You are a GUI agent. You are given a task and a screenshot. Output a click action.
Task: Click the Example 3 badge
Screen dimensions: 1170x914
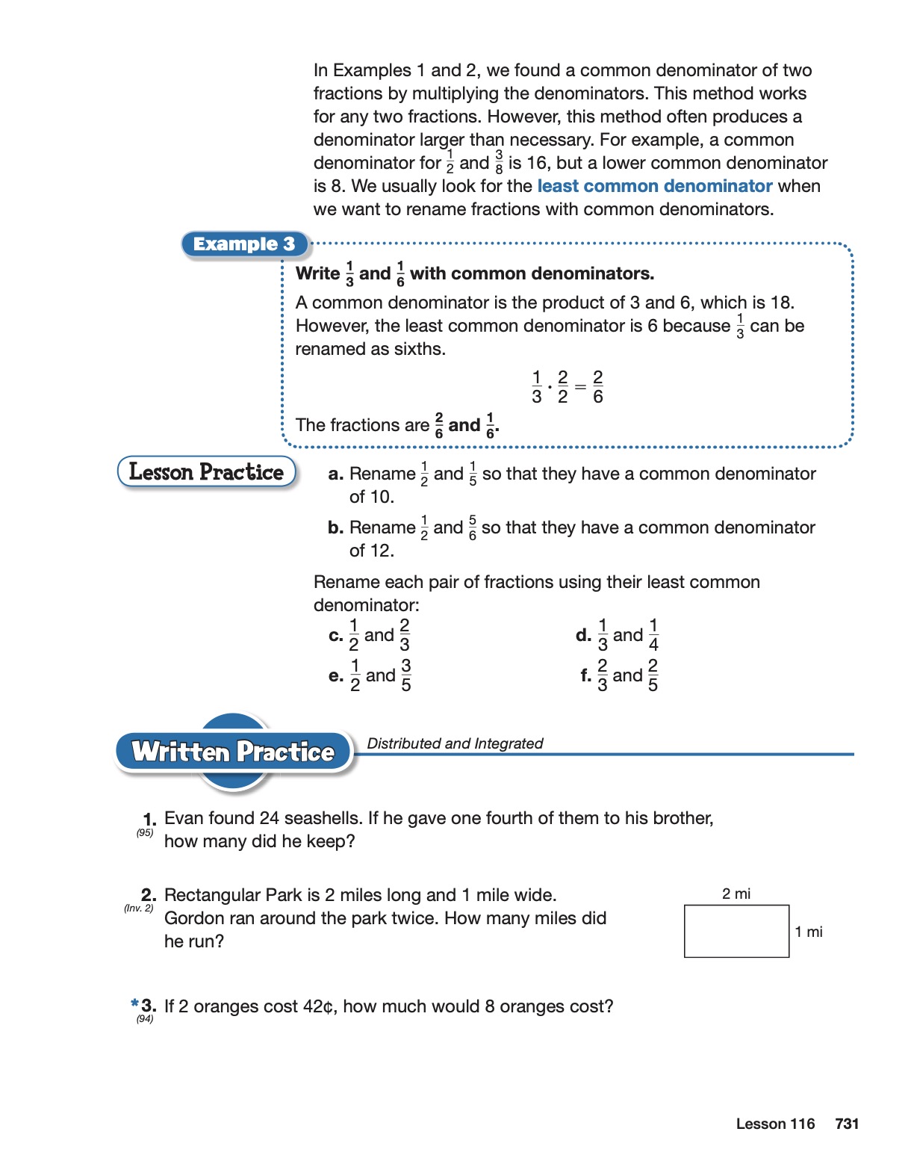pyautogui.click(x=244, y=244)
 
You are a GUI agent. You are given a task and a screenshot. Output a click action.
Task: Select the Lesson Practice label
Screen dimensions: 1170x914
pyautogui.click(x=206, y=472)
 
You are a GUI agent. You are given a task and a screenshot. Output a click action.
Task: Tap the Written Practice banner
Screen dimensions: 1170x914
pyautogui.click(x=233, y=752)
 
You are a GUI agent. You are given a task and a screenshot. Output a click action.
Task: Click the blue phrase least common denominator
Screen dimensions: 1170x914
pyautogui.click(x=654, y=186)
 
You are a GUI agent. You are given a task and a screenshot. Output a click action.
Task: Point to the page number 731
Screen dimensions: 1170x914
pyautogui.click(x=847, y=1124)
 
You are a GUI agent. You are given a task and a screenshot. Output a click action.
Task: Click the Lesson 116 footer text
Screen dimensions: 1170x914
pyautogui.click(x=775, y=1124)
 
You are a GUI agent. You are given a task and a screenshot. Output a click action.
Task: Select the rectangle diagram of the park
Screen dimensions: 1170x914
pyautogui.click(x=736, y=931)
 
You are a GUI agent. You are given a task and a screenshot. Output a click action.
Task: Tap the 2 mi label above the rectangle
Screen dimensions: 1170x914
pyautogui.click(x=736, y=894)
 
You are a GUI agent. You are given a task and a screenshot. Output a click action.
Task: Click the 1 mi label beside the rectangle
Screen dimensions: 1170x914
pyautogui.click(x=809, y=932)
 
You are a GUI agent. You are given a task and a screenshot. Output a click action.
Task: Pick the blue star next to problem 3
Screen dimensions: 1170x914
pyautogui.click(x=134, y=1003)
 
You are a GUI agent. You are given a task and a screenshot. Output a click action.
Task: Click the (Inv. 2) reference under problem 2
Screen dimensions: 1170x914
pyautogui.click(x=139, y=909)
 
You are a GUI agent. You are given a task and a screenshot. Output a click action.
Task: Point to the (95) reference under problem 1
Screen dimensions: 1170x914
pyautogui.click(x=145, y=832)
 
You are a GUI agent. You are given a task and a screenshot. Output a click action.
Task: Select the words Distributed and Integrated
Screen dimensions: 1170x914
pyautogui.click(x=455, y=743)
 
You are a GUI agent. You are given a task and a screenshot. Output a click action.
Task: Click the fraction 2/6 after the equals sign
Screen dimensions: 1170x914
pyautogui.click(x=598, y=387)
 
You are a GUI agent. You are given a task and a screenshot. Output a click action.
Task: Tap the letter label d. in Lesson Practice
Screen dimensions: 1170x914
pyautogui.click(x=583, y=635)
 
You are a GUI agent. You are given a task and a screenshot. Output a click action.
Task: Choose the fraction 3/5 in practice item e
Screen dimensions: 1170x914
pyautogui.click(x=406, y=675)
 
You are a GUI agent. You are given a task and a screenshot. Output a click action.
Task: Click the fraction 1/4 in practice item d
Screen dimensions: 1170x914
pyautogui.click(x=653, y=635)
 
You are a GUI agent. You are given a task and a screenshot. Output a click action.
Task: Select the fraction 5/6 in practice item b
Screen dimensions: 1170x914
pyautogui.click(x=473, y=527)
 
